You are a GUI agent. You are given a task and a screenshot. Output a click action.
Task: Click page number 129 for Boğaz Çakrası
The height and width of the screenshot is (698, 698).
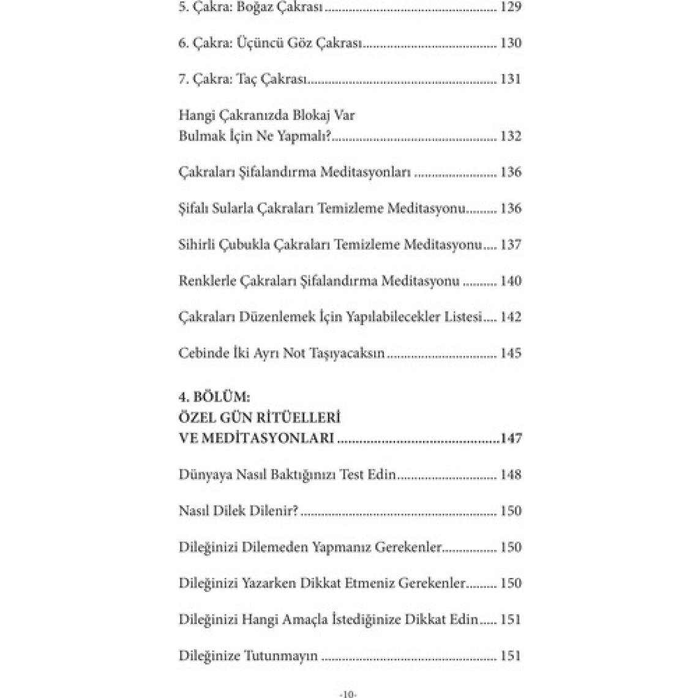point(511,7)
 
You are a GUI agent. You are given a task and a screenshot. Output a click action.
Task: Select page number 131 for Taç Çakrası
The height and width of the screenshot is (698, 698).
point(511,80)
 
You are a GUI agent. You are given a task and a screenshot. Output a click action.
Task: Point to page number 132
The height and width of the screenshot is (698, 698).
point(511,136)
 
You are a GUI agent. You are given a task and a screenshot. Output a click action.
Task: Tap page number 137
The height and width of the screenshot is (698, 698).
point(511,244)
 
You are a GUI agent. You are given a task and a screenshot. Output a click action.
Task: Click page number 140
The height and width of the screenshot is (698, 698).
point(511,281)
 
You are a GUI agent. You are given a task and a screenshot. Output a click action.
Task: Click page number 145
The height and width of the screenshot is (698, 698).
point(511,353)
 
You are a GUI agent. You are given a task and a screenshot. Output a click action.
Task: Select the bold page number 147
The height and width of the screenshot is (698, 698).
point(511,438)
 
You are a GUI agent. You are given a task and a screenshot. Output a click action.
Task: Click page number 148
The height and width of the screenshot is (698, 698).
point(511,475)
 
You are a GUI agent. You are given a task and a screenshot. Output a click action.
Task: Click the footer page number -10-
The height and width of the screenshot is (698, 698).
point(348,694)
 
